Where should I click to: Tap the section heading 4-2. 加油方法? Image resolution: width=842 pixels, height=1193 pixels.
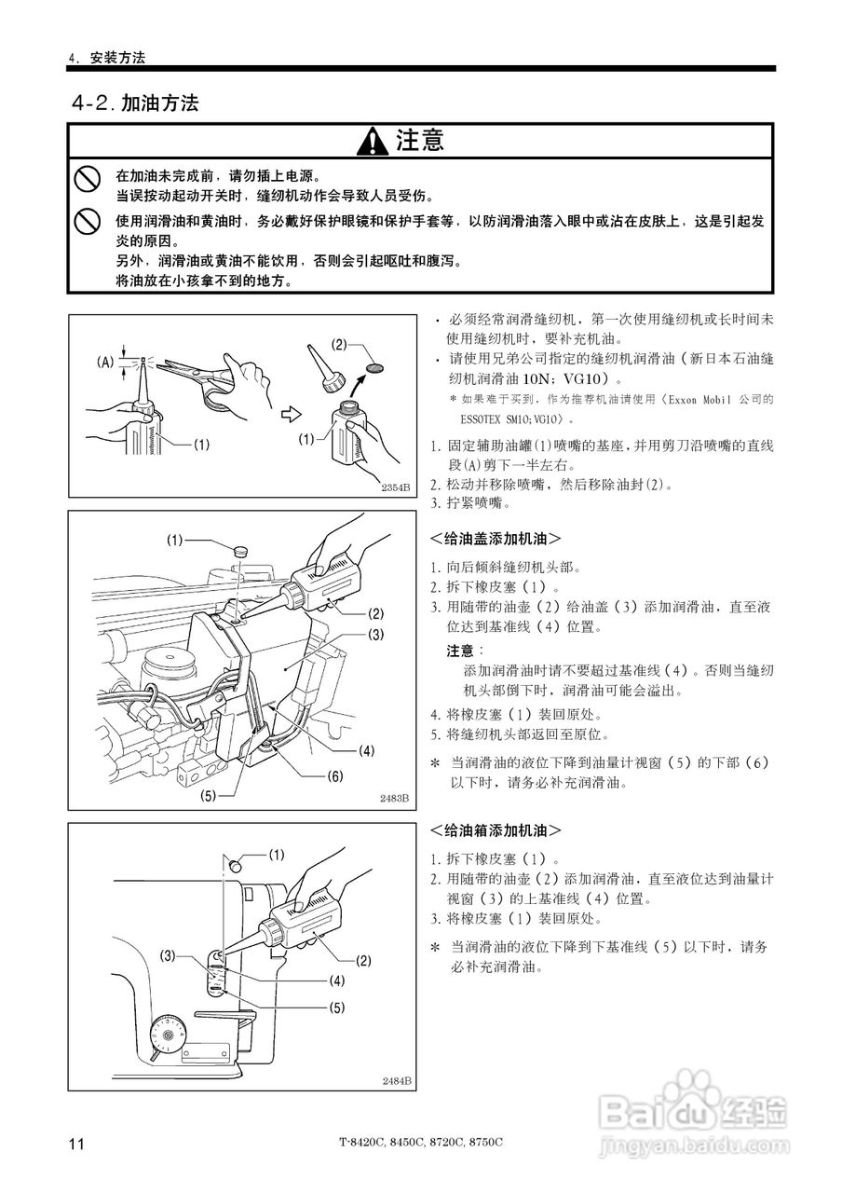point(135,103)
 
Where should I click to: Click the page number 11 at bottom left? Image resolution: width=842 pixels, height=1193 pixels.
point(76,1144)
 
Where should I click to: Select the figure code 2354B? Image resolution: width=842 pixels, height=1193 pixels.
point(396,487)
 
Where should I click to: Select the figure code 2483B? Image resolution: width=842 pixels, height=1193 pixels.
point(395,799)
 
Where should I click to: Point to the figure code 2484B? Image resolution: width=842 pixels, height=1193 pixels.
point(396,1080)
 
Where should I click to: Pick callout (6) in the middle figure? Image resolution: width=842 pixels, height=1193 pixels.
point(335,775)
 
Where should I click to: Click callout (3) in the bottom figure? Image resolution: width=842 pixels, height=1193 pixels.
point(168,955)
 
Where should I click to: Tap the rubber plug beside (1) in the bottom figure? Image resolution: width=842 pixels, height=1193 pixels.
point(237,862)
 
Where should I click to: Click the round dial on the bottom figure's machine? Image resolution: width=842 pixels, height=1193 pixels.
point(169,1034)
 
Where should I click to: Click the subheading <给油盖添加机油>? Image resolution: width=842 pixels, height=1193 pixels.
point(495,538)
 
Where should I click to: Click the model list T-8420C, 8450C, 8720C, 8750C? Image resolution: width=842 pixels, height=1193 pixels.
point(420,1143)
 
